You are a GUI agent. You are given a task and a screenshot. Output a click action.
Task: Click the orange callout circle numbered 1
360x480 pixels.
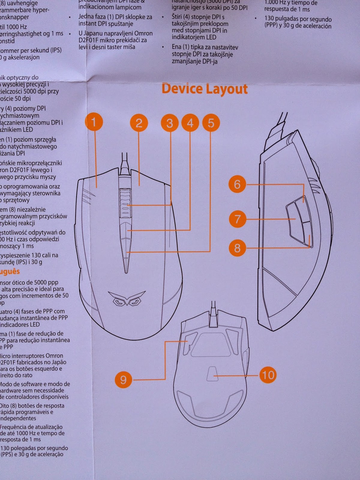click(94, 122)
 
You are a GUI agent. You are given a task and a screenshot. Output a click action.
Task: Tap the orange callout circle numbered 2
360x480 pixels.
click(139, 123)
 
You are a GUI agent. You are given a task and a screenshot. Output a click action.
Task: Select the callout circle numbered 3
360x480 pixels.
click(170, 123)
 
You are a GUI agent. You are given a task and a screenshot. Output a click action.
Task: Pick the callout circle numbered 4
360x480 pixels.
click(190, 123)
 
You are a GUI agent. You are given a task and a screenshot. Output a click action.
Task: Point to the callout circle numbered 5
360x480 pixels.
click(211, 123)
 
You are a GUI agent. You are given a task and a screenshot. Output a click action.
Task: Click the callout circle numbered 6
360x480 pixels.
click(237, 184)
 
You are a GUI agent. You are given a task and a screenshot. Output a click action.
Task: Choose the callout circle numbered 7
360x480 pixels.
click(237, 219)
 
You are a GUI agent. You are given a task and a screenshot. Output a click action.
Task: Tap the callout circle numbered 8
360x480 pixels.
click(237, 248)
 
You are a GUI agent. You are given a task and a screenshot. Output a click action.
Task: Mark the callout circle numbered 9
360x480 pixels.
click(123, 380)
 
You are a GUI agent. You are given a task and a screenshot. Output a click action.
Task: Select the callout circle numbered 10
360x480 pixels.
click(268, 375)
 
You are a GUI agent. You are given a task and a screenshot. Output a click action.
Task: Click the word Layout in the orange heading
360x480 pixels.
click(227, 89)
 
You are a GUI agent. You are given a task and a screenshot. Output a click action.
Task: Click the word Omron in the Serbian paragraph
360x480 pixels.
click(143, 33)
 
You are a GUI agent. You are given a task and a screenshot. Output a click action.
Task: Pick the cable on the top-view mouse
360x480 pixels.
click(124, 162)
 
